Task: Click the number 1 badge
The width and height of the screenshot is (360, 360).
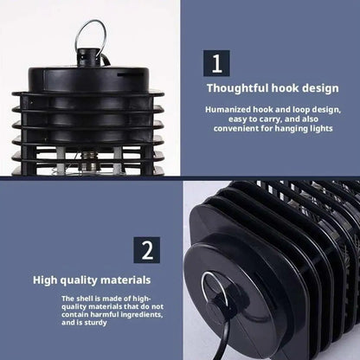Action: coord(216,63)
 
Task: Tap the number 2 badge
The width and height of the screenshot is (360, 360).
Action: coord(146,250)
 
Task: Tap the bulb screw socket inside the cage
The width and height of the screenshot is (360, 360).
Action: coord(88,162)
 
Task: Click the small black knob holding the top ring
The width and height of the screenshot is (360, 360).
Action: coord(88,58)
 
